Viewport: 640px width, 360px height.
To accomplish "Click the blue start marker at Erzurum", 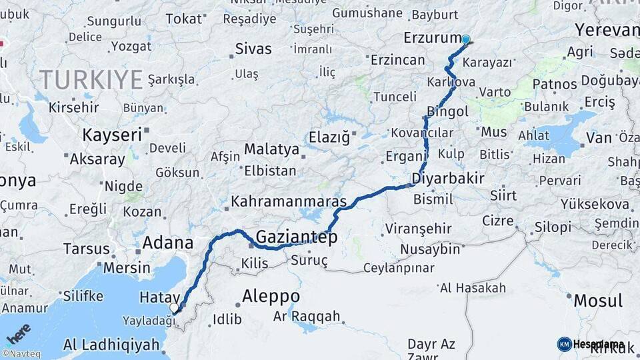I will [465, 39].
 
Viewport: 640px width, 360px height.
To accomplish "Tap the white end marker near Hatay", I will [174, 307].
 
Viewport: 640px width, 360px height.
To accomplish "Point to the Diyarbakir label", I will [447, 178].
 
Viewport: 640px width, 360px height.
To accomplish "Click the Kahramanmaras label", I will [289, 201].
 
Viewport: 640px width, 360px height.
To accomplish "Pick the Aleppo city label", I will [271, 295].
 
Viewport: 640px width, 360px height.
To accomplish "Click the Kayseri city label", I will [112, 135].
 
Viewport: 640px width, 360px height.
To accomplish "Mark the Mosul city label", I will [598, 300].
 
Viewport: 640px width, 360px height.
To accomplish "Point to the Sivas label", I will [253, 49].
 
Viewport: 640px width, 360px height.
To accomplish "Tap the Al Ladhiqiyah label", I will [112, 345].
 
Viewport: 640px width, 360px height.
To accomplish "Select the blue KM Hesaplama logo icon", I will [564, 344].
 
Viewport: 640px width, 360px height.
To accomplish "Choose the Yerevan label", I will [607, 30].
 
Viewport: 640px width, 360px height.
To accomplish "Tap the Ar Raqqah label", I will [307, 316].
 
